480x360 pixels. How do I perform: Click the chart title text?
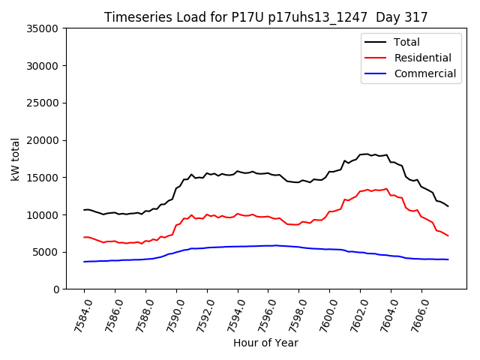(265, 17)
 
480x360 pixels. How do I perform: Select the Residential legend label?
(422, 58)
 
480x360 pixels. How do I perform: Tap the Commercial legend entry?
(424, 73)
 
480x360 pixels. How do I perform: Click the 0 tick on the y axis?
(55, 289)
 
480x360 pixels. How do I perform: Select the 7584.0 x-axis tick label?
(78, 314)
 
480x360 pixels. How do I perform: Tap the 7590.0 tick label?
(170, 314)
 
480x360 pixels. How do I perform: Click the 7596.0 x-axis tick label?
(262, 314)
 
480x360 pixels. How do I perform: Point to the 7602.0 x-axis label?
(354, 314)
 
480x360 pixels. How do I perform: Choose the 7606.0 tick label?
(415, 314)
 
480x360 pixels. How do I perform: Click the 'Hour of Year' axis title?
(265, 343)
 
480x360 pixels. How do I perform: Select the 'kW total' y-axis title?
(16, 159)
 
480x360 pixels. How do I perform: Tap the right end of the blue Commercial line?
(448, 259)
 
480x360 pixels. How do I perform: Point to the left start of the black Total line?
(84, 210)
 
